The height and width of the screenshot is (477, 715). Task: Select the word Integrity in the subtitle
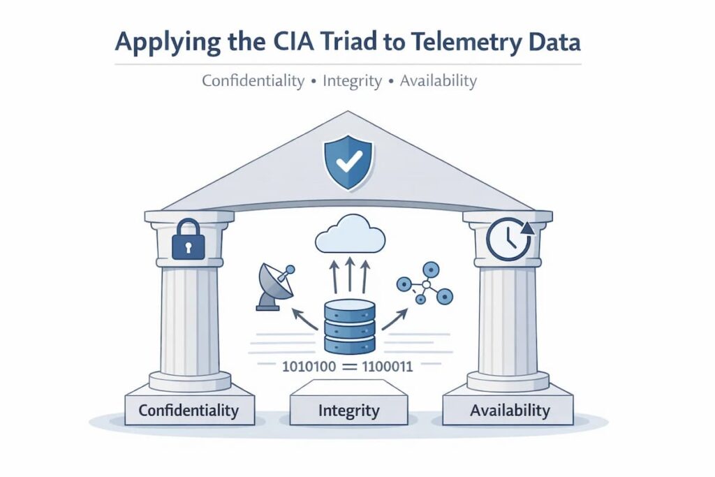[x=352, y=81]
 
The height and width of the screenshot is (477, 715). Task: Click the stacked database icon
[x=351, y=326]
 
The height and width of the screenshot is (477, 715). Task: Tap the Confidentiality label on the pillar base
[x=189, y=410]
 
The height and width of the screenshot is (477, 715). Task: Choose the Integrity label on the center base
[x=348, y=411]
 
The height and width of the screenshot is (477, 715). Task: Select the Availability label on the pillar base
[x=509, y=410]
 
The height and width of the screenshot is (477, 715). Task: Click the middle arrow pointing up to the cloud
[x=350, y=275]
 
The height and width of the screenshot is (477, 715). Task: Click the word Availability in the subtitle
[x=438, y=81]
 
